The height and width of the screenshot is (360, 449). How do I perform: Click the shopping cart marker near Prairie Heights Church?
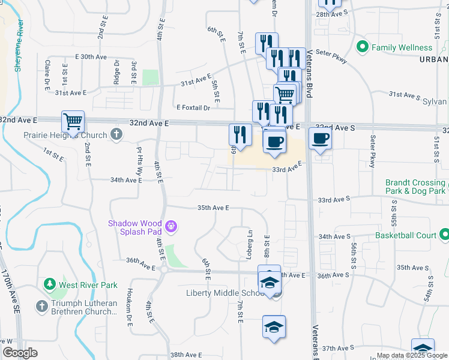click(73, 122)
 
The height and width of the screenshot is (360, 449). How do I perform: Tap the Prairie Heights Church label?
click(65, 135)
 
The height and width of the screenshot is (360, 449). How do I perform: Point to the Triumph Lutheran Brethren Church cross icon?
click(42, 306)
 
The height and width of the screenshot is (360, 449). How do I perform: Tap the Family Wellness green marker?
click(362, 47)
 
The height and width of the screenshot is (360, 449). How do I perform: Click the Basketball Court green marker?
click(444, 235)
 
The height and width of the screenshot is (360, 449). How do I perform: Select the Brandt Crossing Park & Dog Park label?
click(416, 187)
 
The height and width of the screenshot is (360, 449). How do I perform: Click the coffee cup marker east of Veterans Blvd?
click(319, 139)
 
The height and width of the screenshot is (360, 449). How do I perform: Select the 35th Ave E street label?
click(214, 208)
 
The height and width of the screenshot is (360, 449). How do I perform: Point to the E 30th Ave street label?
click(90, 56)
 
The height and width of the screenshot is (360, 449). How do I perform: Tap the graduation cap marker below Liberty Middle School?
click(274, 327)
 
